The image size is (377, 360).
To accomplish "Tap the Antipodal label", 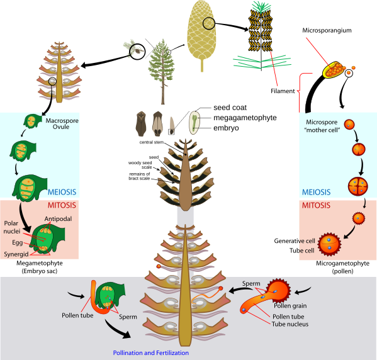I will pyautogui.click(x=57, y=218).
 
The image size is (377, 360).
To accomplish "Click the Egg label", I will pyautogui.click(x=18, y=242).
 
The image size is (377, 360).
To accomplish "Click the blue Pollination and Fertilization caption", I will pyautogui.click(x=150, y=353).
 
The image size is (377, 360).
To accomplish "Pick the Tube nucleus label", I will pyautogui.click(x=290, y=324).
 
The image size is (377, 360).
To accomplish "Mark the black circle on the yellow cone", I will pyautogui.click(x=209, y=24).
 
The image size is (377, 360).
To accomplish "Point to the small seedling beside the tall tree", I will pyautogui.click(x=132, y=48).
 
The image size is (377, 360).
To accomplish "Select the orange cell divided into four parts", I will pyautogui.click(x=357, y=186).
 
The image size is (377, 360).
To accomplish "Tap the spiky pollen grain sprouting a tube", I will pyautogui.click(x=278, y=291).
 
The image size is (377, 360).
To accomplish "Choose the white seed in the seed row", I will pyautogui.click(x=194, y=123).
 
